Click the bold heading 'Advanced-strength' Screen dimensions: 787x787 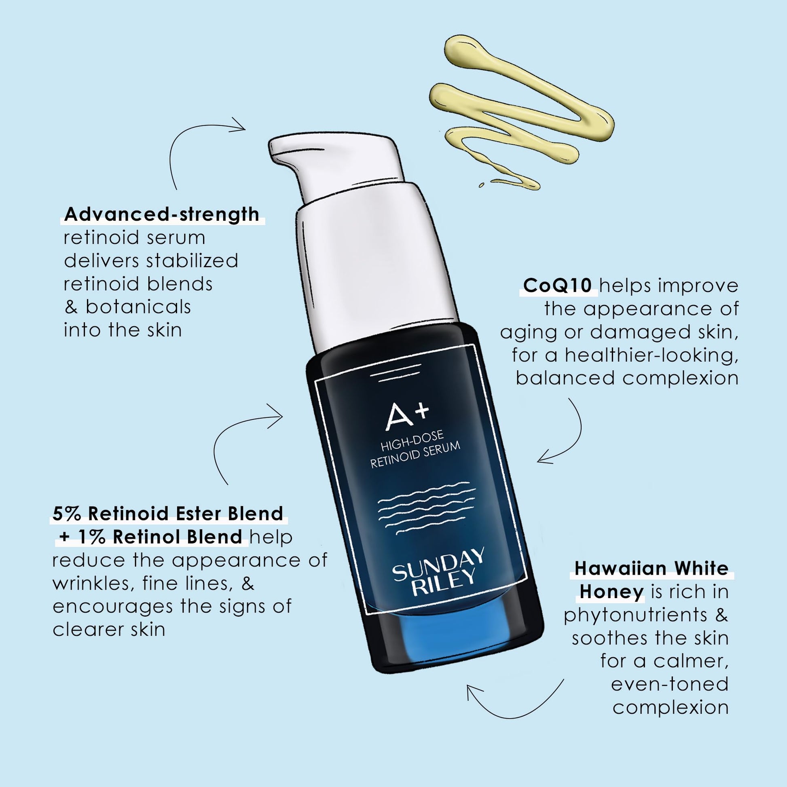pyautogui.click(x=162, y=214)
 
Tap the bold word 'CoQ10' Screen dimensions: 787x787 pyautogui.click(x=557, y=286)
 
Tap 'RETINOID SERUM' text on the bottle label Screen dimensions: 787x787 pyautogui.click(x=415, y=455)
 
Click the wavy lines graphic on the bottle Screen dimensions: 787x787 pyautogui.click(x=427, y=508)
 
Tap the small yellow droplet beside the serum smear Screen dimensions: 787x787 pyautogui.click(x=481, y=185)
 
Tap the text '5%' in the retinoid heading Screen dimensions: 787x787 pyautogui.click(x=66, y=514)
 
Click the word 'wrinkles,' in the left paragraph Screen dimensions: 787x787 pyautogui.click(x=93, y=584)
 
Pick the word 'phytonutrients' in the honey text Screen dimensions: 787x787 pyautogui.click(x=635, y=615)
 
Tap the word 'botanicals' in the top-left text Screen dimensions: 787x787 pyautogui.click(x=138, y=307)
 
